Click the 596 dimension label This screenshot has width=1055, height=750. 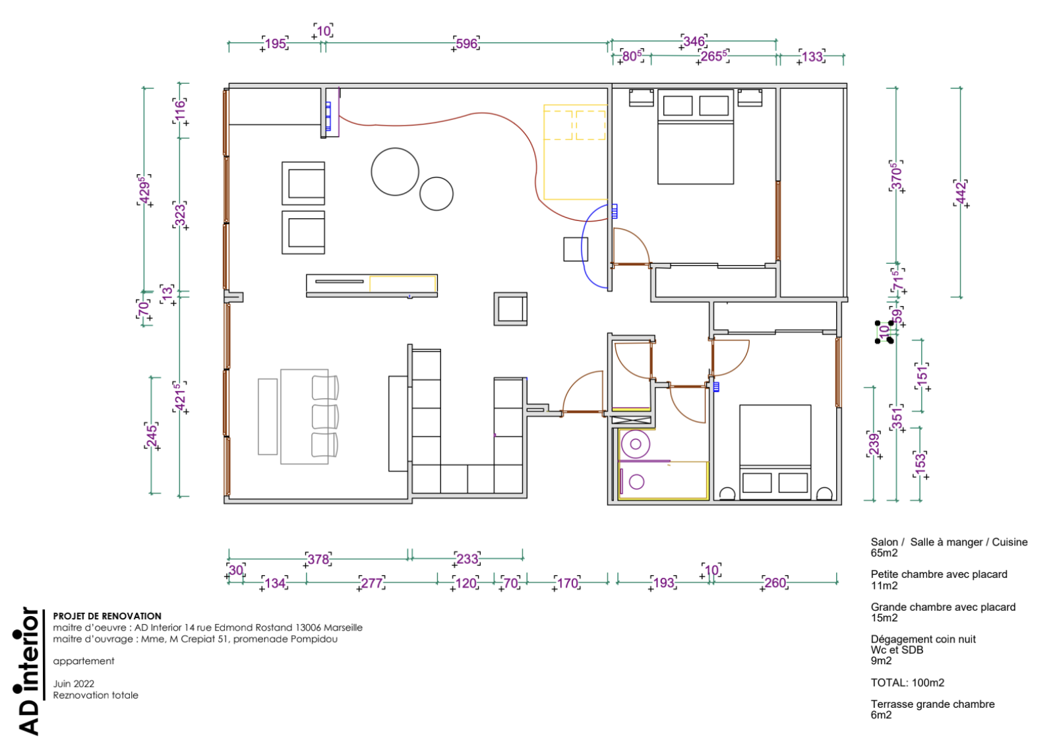click(x=466, y=44)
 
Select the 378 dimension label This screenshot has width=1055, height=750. click(x=318, y=559)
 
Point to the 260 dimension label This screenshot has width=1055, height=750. click(x=775, y=582)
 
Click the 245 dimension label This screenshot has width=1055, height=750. click(x=152, y=436)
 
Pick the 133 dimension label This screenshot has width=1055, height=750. click(x=812, y=57)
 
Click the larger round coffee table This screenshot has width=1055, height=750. click(x=395, y=172)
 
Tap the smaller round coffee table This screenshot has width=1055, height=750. click(x=436, y=194)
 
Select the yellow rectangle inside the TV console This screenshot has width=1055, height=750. click(x=403, y=284)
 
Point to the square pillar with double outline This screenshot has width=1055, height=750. click(x=510, y=309)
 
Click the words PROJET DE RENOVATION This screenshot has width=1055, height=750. click(x=107, y=615)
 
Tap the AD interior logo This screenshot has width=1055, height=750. click(x=28, y=671)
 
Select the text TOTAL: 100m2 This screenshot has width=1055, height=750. click(x=907, y=683)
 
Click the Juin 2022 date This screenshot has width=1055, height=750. click(x=73, y=683)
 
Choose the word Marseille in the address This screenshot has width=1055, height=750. click(x=343, y=627)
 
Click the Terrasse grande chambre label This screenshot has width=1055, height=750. click(x=932, y=704)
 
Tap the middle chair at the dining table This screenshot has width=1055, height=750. click(x=325, y=416)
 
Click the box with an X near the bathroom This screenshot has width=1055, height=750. click(x=632, y=420)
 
